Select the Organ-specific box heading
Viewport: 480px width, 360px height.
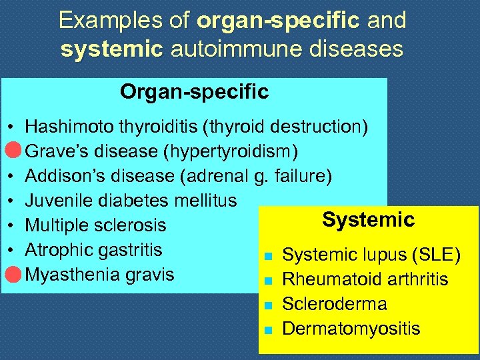coord(195,91)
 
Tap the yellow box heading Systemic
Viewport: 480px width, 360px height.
coord(368,219)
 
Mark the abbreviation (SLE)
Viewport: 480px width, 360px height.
coord(436,255)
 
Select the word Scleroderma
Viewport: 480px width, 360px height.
coord(335,304)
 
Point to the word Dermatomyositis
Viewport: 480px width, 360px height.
coord(351,329)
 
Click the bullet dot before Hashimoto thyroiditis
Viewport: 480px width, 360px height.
coord(13,127)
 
